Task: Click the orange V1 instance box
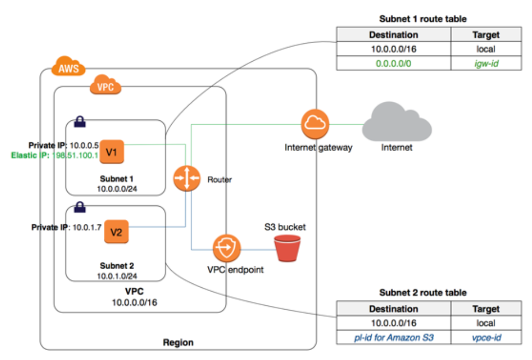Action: pyautogui.click(x=112, y=152)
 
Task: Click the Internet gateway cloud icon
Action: pyautogui.click(x=314, y=125)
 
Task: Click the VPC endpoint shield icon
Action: pyautogui.click(x=226, y=249)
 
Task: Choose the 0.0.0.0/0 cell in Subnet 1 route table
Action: pyautogui.click(x=393, y=64)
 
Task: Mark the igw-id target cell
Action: pyautogui.click(x=486, y=64)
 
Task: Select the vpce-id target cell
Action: pyautogui.click(x=486, y=338)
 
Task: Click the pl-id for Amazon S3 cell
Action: pyautogui.click(x=393, y=338)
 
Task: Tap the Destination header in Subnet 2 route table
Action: pyautogui.click(x=393, y=309)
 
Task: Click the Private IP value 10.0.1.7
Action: pyautogui.click(x=84, y=227)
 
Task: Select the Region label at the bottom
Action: pyautogui.click(x=178, y=343)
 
